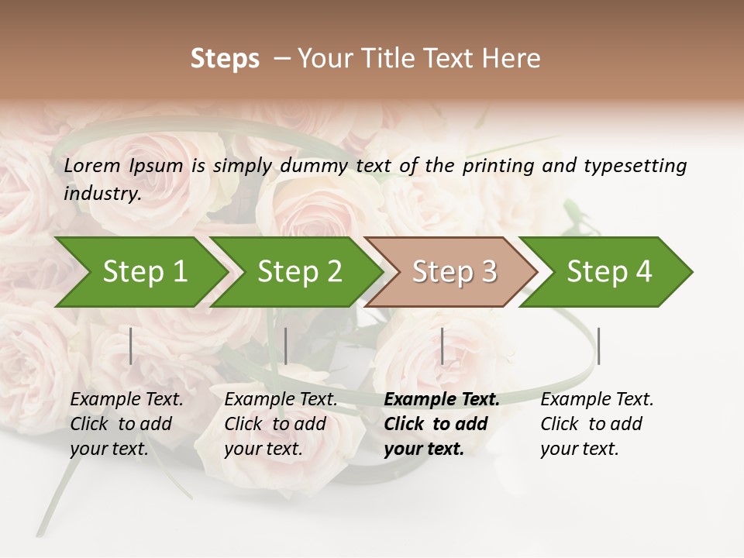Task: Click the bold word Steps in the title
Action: pyautogui.click(x=225, y=59)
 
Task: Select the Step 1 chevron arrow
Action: pyautogui.click(x=143, y=272)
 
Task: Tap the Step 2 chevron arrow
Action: pyautogui.click(x=299, y=272)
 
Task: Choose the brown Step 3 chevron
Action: pyautogui.click(x=453, y=272)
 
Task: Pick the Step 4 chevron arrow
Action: pyautogui.click(x=608, y=272)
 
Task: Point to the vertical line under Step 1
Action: pyautogui.click(x=131, y=346)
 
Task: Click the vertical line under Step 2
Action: pyautogui.click(x=286, y=346)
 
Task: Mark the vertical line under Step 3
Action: pyautogui.click(x=443, y=346)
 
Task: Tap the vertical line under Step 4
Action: pyautogui.click(x=598, y=346)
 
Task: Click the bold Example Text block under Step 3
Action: pyautogui.click(x=442, y=424)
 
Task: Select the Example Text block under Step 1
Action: pyautogui.click(x=126, y=424)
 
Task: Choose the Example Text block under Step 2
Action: pyautogui.click(x=281, y=424)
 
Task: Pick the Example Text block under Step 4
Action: pyautogui.click(x=597, y=424)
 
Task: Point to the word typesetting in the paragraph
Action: pyautogui.click(x=635, y=166)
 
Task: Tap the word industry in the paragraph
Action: pyautogui.click(x=102, y=194)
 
